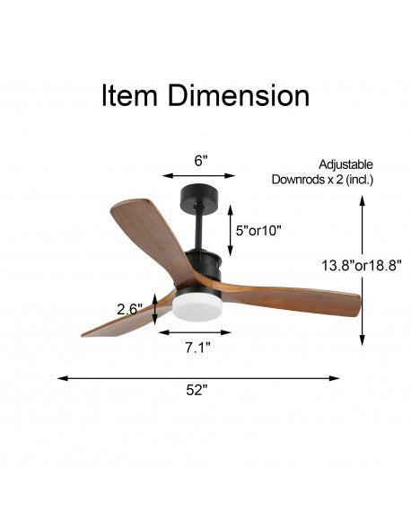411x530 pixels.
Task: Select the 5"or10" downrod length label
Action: (258, 230)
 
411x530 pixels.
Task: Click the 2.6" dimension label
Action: (131, 309)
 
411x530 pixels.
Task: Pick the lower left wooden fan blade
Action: (121, 322)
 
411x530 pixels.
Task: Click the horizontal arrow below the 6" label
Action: (199, 176)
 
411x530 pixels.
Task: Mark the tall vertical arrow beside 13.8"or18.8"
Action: (362, 269)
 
